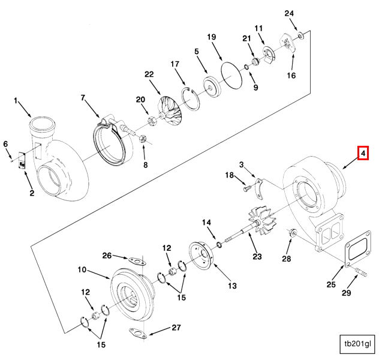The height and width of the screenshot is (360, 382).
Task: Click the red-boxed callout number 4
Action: tap(363, 154)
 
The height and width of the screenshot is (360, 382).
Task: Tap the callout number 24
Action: tap(290, 13)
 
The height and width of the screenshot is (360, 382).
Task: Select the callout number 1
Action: tap(17, 99)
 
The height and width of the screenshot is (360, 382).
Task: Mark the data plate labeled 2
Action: tap(22, 161)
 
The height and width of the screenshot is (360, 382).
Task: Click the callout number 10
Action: tap(81, 269)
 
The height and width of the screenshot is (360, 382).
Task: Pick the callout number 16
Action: tap(291, 76)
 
